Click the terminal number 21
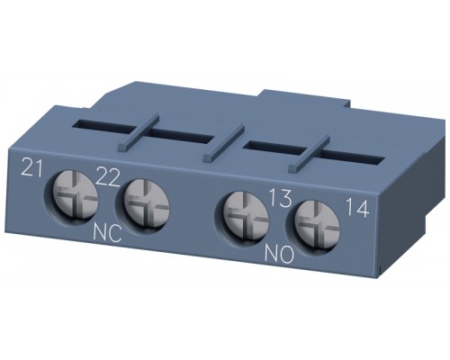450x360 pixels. [x=31, y=167]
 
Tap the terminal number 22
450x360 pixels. [x=108, y=177]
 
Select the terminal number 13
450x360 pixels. [x=280, y=198]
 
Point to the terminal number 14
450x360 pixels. [x=357, y=208]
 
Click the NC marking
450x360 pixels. [x=107, y=233]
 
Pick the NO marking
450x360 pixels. [x=279, y=255]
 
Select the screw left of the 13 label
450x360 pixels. [x=244, y=216]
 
